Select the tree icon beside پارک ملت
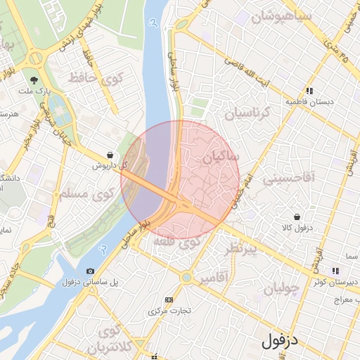tap(34, 80)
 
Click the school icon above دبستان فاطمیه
tap(309, 90)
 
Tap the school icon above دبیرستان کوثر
tap(335, 271)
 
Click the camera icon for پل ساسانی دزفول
tap(90, 271)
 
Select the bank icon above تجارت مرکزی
tap(168, 300)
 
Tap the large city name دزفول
tap(280, 342)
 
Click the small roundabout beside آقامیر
tap(186, 277)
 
